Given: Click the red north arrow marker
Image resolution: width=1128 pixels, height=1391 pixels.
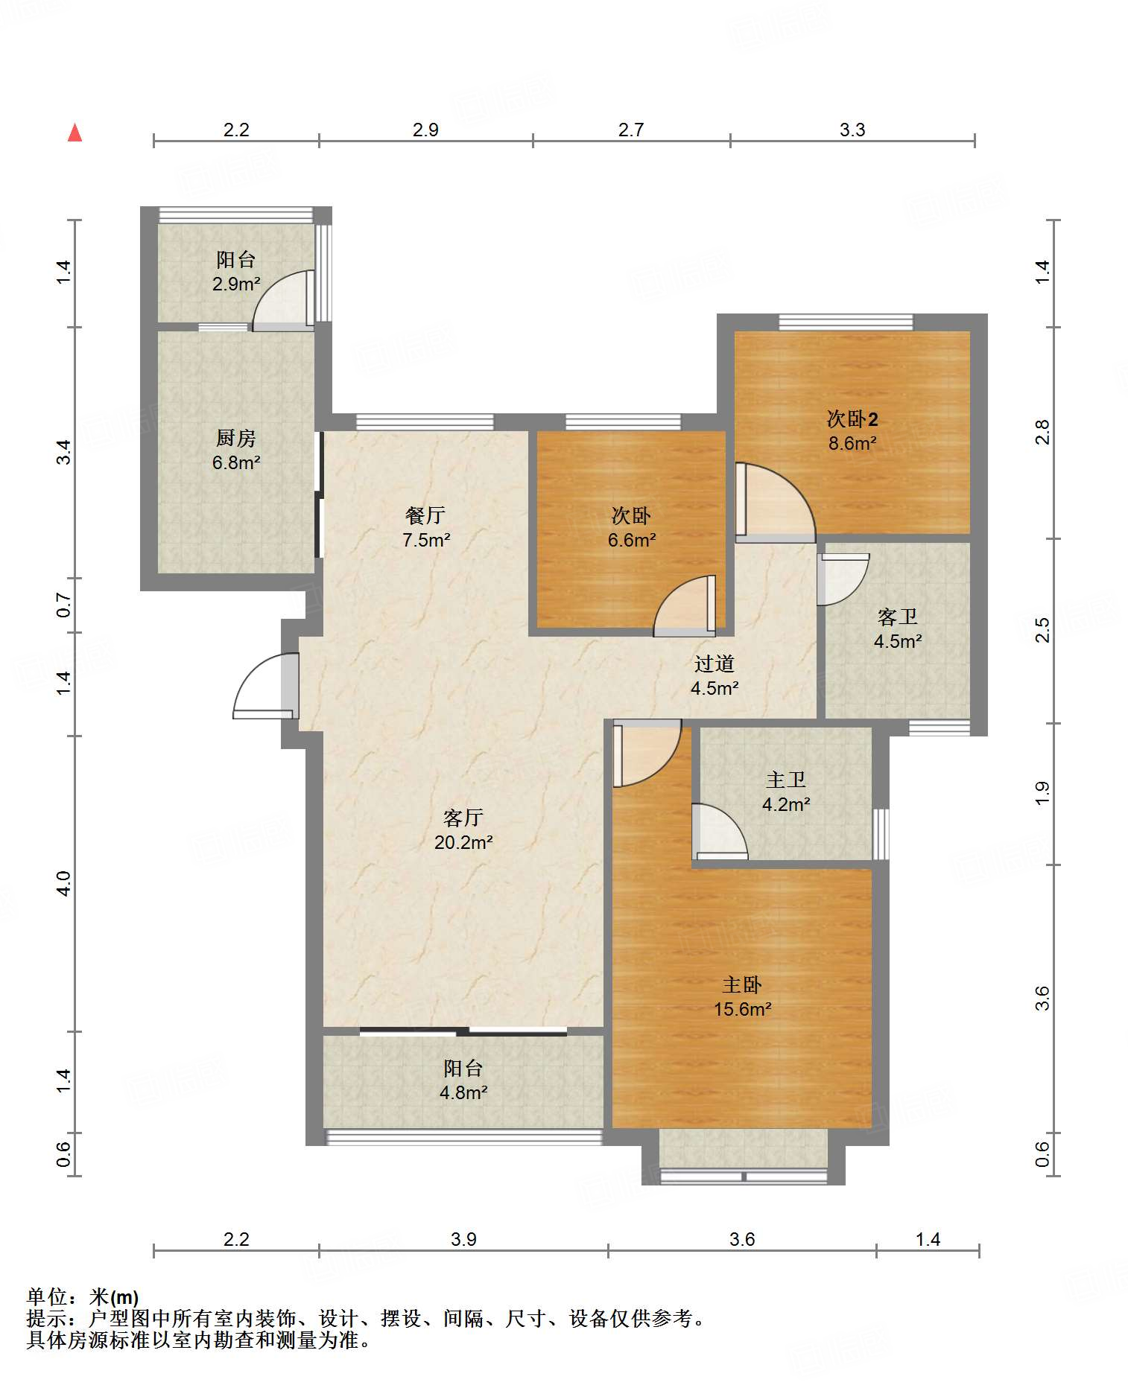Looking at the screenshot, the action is click(x=75, y=133).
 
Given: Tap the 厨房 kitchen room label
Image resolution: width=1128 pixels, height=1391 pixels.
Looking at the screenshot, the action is click(x=236, y=439).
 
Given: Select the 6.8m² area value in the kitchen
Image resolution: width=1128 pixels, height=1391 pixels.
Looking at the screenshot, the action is click(x=236, y=462).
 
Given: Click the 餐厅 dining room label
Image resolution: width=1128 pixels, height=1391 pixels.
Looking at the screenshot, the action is click(x=425, y=515).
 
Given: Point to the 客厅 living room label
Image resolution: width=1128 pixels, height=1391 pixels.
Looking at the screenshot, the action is click(x=463, y=818).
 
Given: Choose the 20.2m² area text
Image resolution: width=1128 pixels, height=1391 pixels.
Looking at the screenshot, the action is click(x=463, y=842).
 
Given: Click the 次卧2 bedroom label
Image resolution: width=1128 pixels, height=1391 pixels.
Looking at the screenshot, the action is click(x=852, y=419).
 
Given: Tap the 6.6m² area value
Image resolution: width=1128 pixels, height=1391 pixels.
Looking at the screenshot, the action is click(x=632, y=540).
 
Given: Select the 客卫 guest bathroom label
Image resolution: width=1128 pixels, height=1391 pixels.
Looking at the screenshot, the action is click(x=898, y=617).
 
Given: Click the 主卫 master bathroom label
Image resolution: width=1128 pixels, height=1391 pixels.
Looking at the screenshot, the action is click(x=786, y=780).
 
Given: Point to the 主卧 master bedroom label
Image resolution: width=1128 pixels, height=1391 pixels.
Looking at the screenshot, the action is click(x=742, y=985).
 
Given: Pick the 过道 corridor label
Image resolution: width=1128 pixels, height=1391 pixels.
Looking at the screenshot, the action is click(x=714, y=663).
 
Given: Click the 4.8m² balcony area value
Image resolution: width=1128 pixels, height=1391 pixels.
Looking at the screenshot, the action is click(x=463, y=1092).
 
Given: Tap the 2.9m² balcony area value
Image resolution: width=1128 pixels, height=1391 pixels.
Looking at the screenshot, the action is click(x=236, y=284).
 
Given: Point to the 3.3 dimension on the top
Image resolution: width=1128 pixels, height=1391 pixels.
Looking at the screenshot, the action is click(x=852, y=130).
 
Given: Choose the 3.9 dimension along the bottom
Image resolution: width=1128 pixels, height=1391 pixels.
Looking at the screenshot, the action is click(x=463, y=1239).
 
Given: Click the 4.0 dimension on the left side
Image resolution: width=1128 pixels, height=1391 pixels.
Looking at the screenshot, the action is click(x=64, y=883).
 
